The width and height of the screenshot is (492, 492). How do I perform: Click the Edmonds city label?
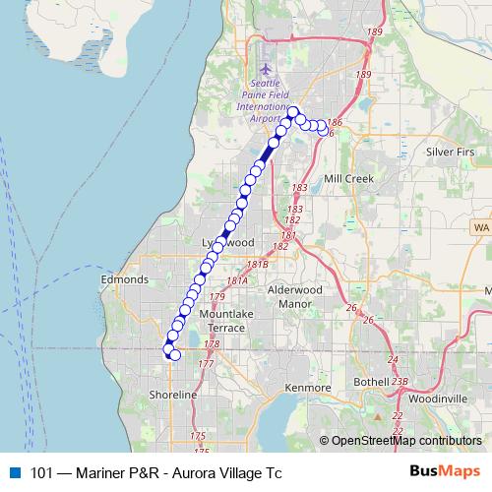tap(124, 279)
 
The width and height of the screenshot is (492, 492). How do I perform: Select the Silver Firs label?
tap(450, 153)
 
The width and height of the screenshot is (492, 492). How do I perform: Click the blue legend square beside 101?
tap(15, 472)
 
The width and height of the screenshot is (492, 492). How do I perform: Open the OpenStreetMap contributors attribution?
tap(405, 441)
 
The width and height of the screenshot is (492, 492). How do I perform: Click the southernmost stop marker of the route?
tap(175, 355)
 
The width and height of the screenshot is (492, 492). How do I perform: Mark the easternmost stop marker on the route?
tap(322, 129)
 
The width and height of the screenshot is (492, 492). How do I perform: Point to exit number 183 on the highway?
tap(299, 187)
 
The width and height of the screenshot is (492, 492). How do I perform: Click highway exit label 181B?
tap(258, 264)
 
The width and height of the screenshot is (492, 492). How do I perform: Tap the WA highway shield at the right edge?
tap(480, 227)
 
